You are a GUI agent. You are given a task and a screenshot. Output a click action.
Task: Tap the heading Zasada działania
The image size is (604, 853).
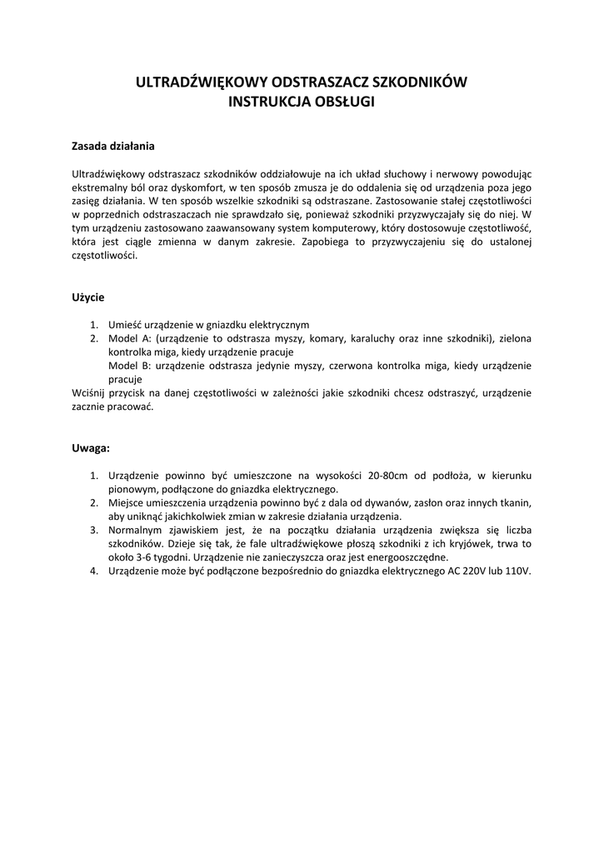[113, 145]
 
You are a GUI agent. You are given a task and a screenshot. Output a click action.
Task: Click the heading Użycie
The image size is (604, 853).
[88, 297]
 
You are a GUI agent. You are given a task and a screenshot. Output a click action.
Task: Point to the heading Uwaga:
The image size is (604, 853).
[92, 447]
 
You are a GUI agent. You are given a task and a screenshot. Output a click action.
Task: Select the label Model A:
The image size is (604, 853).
[131, 338]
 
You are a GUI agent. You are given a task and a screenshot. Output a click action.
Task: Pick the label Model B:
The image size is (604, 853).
[131, 365]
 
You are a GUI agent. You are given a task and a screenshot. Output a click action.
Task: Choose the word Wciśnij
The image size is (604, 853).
[89, 392]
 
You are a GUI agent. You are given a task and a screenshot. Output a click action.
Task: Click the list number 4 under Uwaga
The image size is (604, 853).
[94, 571]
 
